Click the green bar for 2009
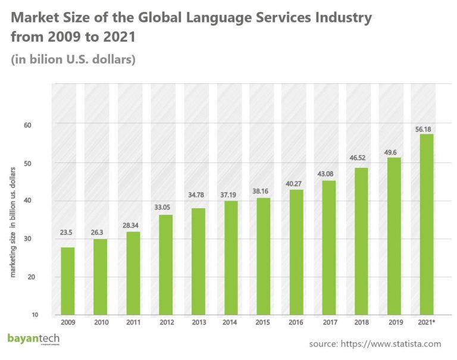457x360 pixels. pos(68,281)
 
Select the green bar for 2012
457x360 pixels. pos(167,265)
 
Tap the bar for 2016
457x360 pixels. pos(296,252)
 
